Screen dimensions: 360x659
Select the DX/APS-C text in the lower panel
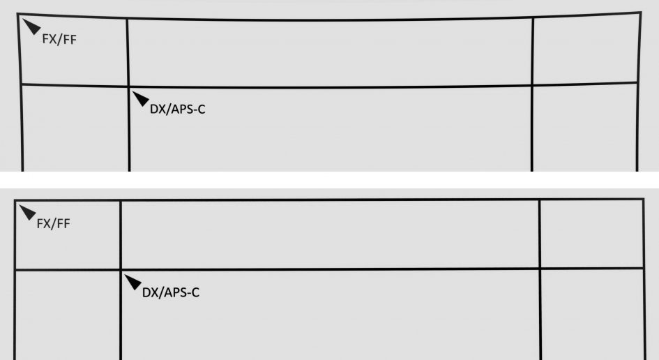click(x=170, y=292)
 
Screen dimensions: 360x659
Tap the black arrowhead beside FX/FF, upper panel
click(x=31, y=27)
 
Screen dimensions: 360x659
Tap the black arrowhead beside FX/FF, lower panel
click(x=27, y=211)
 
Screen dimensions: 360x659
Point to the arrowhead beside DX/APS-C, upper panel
click(x=140, y=98)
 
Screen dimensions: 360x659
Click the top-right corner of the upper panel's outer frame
click(x=640, y=13)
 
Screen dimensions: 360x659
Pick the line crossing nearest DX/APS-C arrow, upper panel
click(x=128, y=86)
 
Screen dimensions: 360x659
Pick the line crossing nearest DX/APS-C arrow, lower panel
click(x=121, y=269)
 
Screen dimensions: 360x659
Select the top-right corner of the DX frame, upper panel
click(x=532, y=86)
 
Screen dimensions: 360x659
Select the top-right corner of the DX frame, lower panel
click(x=540, y=269)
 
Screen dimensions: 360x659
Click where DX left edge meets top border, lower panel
click(x=121, y=202)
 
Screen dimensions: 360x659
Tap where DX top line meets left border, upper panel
click(x=20, y=84)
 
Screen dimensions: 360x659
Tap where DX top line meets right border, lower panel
click(x=643, y=268)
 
